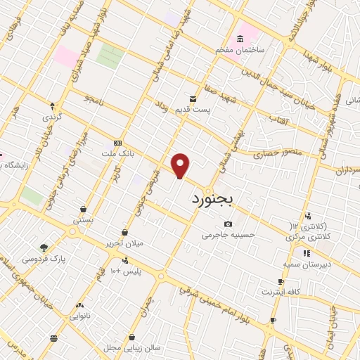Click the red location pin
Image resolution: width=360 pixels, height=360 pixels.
[x=181, y=166]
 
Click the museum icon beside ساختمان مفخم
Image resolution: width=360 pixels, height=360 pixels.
[x=241, y=37]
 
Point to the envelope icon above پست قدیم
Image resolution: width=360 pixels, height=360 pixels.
[x=192, y=99]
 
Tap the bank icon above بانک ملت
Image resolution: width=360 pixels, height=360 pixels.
[x=117, y=142]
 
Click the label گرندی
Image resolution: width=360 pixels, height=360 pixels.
[x=52, y=116]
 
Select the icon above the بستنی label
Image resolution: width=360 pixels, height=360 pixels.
[x=84, y=209]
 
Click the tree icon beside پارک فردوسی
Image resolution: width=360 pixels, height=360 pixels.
[x=44, y=247]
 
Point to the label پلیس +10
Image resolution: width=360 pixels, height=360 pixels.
[x=127, y=271]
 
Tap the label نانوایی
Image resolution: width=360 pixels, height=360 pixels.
[x=79, y=316]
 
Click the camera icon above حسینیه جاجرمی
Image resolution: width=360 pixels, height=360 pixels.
[x=227, y=224]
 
